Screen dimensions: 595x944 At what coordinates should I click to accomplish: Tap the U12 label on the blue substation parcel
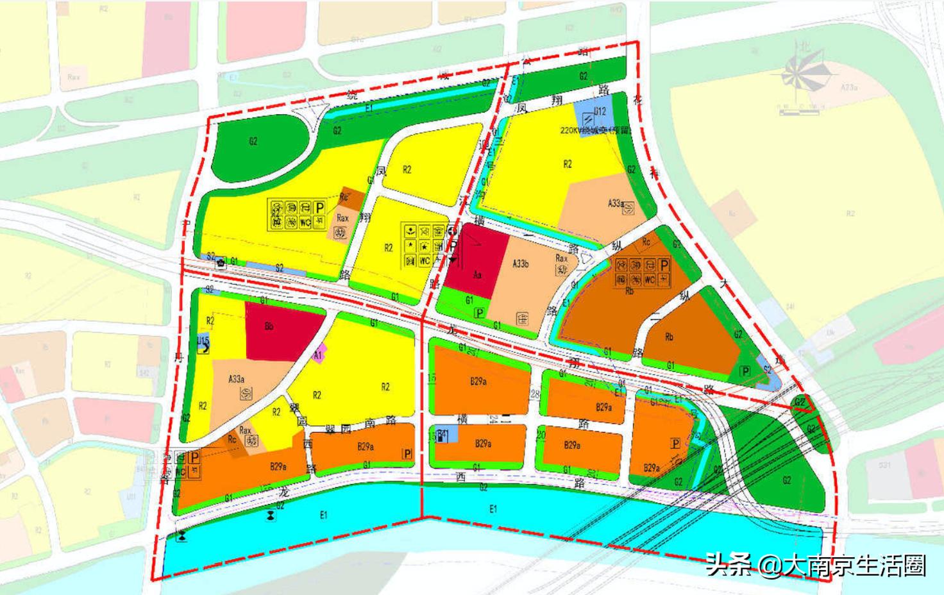600,112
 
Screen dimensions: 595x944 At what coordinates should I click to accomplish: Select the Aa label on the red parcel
477,275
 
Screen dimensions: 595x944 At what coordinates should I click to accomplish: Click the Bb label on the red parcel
269,326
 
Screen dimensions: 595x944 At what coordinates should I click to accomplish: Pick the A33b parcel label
521,264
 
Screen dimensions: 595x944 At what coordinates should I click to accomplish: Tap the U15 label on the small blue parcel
203,340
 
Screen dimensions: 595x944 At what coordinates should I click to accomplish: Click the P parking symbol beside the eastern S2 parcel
745,371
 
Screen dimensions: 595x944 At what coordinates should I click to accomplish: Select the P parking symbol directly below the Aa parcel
478,313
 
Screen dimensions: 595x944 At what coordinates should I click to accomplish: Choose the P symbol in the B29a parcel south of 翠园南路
407,454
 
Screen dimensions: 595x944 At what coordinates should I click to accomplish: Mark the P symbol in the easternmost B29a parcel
675,444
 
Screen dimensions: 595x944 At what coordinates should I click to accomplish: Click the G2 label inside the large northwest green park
253,141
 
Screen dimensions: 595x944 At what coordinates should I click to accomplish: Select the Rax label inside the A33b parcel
561,258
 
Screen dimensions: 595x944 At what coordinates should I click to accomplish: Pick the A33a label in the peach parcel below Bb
237,379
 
